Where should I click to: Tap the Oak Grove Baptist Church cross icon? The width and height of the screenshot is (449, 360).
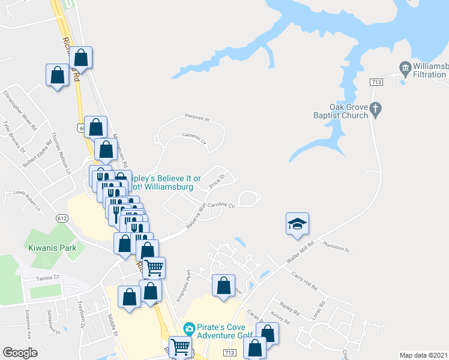pyautogui.click(x=376, y=109)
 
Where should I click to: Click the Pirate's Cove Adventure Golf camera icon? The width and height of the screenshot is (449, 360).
pyautogui.click(x=189, y=328)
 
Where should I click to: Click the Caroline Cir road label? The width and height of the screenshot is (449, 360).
pyautogui.click(x=221, y=205)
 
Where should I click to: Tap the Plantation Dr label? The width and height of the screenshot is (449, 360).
pyautogui.click(x=336, y=246)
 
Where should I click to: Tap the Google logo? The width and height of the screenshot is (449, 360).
pyautogui.click(x=20, y=353)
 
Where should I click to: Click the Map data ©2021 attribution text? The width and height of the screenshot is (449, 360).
pyautogui.click(x=424, y=355)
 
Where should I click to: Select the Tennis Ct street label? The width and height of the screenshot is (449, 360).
pyautogui.click(x=49, y=278)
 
